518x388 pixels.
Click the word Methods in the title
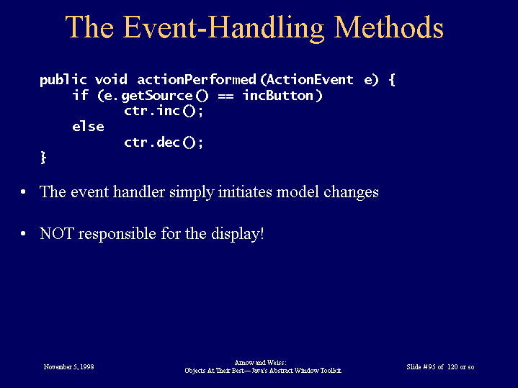389,27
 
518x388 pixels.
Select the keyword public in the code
63,80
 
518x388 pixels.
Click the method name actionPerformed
197,80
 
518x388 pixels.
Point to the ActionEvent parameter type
310,80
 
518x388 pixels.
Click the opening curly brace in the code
392,80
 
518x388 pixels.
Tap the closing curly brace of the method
43,157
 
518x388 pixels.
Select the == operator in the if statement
225,96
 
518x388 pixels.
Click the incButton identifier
278,96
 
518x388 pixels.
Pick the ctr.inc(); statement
164,111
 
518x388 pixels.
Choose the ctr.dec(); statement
164,143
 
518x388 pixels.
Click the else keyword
88,127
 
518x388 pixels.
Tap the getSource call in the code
157,96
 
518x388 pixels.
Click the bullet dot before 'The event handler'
23,192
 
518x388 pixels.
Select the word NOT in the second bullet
56,233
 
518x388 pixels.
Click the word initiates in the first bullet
245,192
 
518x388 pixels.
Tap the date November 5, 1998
68,367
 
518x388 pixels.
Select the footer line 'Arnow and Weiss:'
260,363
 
